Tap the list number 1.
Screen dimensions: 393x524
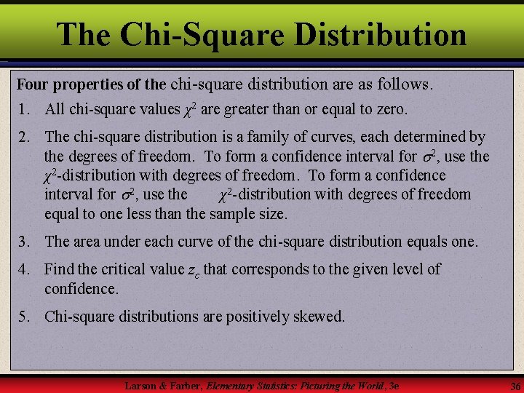click(x=23, y=110)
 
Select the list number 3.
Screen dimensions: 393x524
click(x=23, y=242)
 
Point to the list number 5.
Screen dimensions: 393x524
click(x=23, y=317)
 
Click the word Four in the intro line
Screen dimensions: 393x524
click(x=33, y=84)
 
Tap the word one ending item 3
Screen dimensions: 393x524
click(x=463, y=242)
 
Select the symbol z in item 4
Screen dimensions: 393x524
click(x=191, y=270)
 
